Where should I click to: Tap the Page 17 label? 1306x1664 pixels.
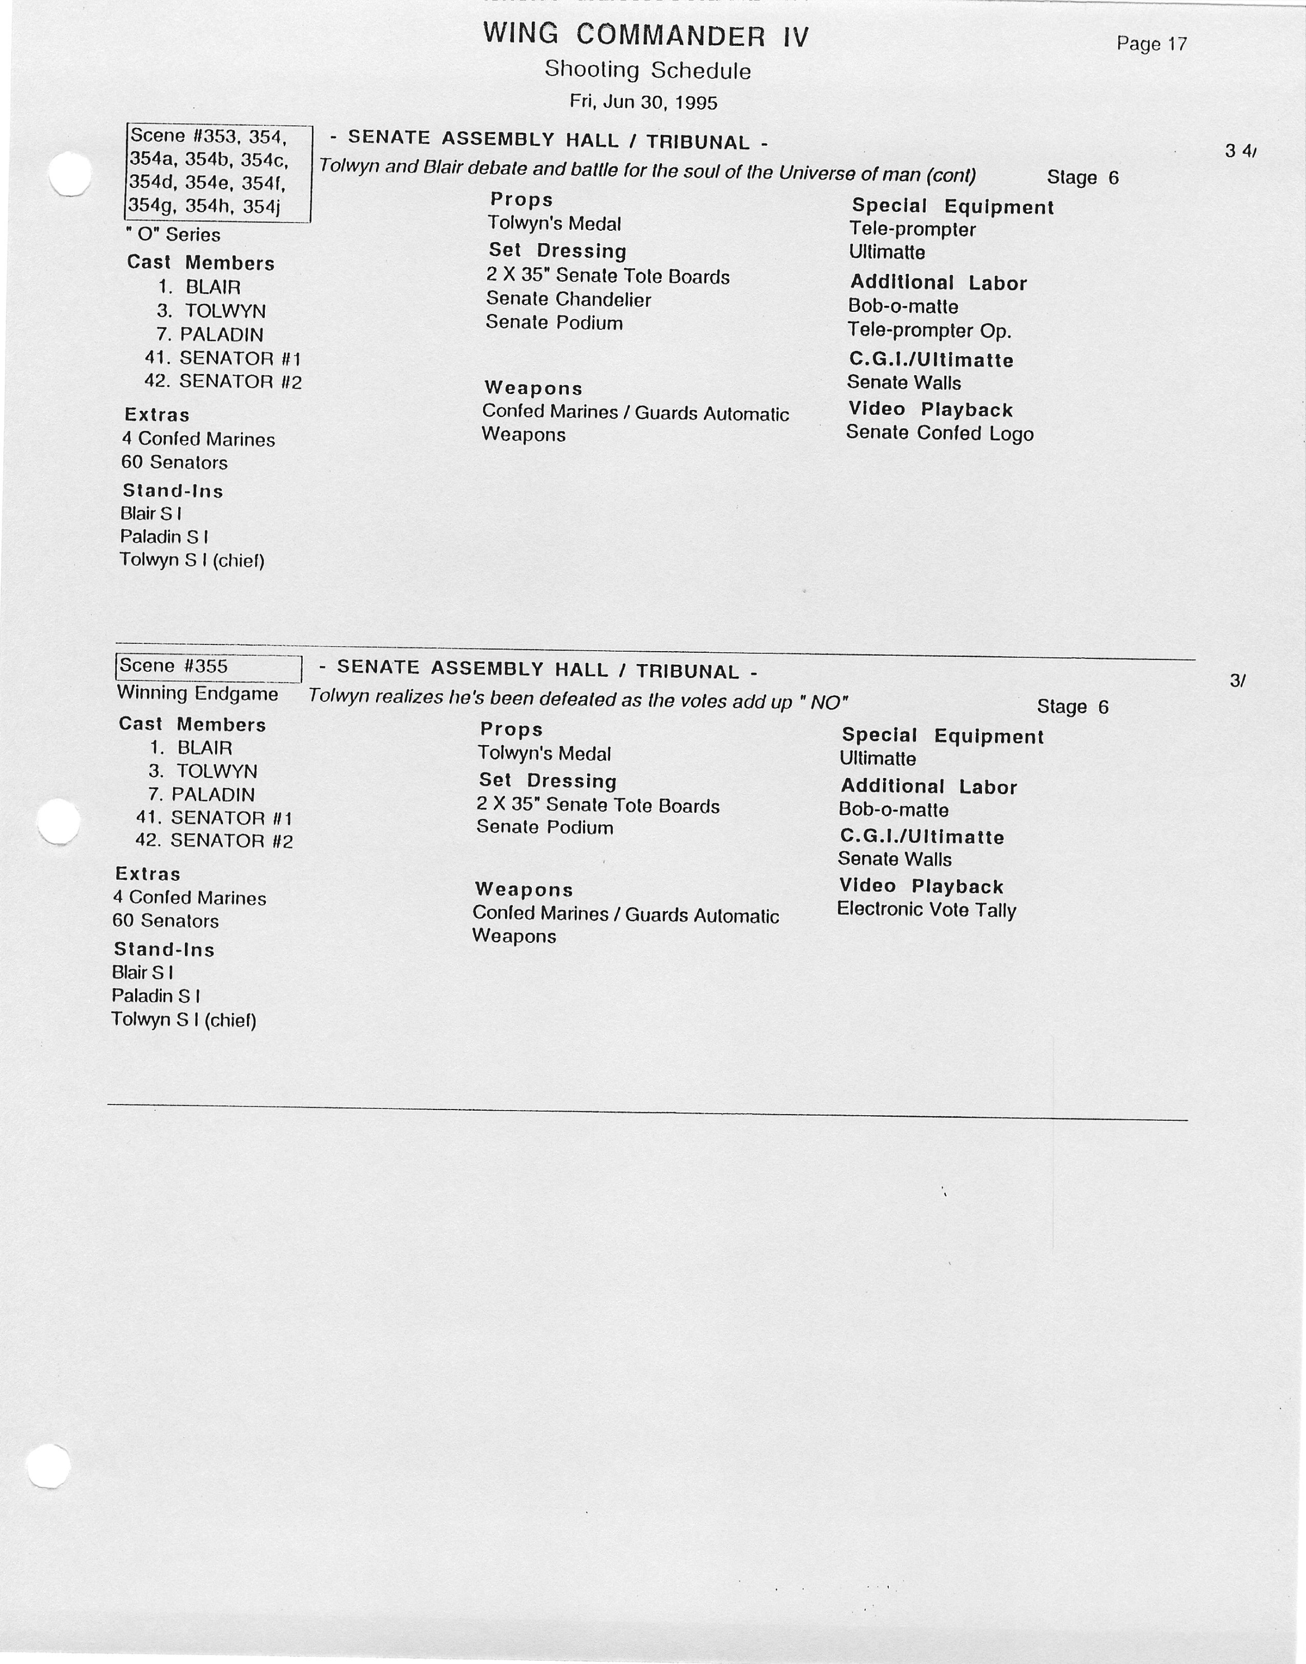[x=1151, y=44]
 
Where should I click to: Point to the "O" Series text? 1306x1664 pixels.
[x=173, y=235]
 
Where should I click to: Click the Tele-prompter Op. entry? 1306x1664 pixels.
[x=929, y=330]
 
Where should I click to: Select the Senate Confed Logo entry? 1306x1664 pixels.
[x=939, y=433]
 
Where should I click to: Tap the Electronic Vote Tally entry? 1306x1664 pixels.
[x=926, y=909]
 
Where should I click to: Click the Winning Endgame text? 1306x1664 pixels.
[x=197, y=693]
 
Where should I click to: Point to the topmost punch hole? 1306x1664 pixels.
[x=70, y=174]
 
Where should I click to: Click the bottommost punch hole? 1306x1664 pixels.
[x=48, y=1466]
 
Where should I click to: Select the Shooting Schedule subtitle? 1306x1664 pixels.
[x=647, y=70]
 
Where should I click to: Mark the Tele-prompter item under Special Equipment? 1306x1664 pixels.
[x=912, y=230]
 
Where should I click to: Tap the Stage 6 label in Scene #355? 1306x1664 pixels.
[x=1072, y=706]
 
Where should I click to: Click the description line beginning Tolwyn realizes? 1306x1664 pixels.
[x=578, y=699]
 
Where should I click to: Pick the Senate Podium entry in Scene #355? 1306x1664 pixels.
[x=545, y=827]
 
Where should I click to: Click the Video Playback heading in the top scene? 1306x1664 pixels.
[x=930, y=409]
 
